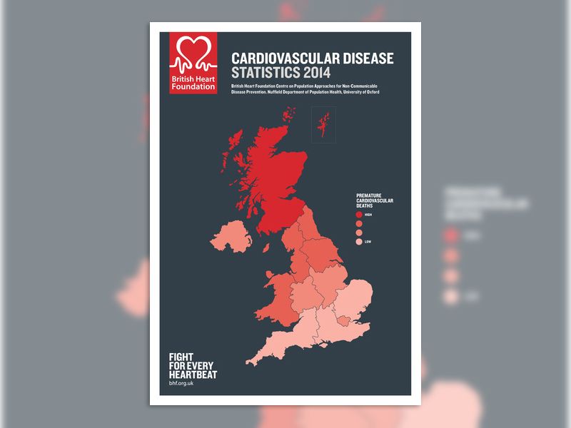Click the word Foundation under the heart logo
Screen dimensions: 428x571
[193, 86]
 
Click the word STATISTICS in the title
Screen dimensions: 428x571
[261, 73]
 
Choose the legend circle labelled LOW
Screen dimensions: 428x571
[360, 242]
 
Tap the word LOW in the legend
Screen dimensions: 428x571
[368, 242]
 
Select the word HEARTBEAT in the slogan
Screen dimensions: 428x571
[192, 374]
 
